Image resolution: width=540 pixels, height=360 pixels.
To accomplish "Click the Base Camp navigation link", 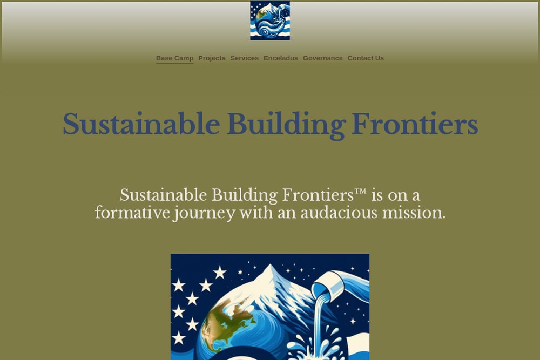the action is click(x=174, y=58).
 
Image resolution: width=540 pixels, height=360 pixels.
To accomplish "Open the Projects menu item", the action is click(x=212, y=58).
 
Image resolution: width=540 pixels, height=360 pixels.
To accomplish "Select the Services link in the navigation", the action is click(x=245, y=58).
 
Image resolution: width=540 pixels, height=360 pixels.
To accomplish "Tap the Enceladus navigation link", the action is click(x=281, y=58).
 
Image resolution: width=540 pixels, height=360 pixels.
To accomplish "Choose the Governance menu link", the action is click(x=323, y=58).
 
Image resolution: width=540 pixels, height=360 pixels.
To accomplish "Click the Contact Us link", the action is click(x=366, y=58).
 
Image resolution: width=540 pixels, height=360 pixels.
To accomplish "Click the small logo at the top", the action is click(x=270, y=21).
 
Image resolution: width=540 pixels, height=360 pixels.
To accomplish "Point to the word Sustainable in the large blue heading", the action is click(x=141, y=124).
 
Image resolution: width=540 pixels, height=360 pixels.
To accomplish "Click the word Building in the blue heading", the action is click(x=286, y=125).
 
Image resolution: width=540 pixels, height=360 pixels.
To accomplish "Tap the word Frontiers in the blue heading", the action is click(x=415, y=124).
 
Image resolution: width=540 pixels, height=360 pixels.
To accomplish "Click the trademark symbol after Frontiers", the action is click(x=360, y=192).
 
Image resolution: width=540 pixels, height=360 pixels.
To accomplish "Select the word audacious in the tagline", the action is click(x=339, y=213).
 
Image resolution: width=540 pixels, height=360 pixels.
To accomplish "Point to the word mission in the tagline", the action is click(x=414, y=213).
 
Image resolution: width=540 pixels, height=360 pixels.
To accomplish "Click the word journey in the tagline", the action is click(x=205, y=214).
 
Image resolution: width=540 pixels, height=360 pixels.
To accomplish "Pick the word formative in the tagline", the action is click(x=132, y=213).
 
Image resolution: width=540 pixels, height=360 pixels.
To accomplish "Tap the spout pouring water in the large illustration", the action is click(x=339, y=284).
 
